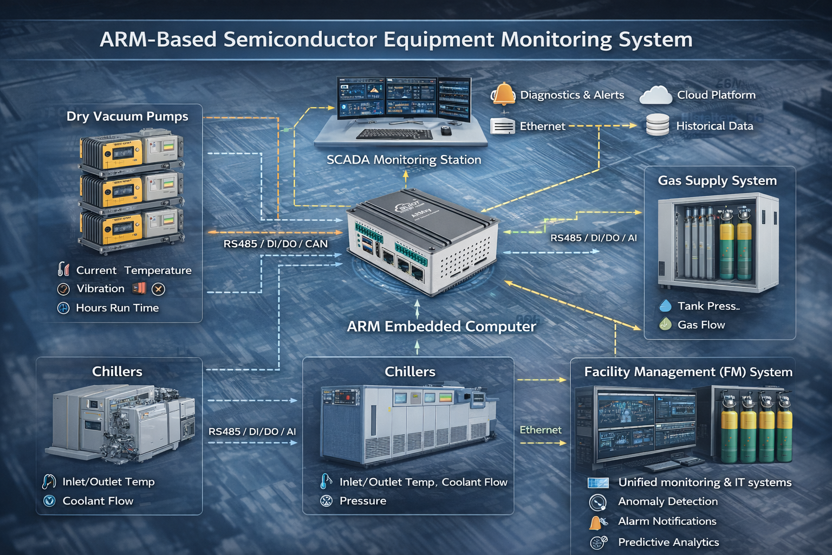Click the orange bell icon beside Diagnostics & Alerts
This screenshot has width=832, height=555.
click(504, 94)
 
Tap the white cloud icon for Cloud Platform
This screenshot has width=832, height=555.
click(655, 95)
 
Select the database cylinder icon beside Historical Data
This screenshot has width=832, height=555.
click(658, 125)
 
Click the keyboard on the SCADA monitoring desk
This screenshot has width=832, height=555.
click(394, 133)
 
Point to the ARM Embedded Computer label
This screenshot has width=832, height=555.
click(441, 326)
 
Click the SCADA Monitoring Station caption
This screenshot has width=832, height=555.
click(404, 160)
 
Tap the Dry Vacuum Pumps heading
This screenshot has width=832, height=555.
click(127, 117)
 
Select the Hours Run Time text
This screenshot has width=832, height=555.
click(118, 308)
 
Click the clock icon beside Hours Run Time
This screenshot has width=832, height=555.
click(63, 308)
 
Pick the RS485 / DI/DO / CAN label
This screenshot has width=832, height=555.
click(275, 244)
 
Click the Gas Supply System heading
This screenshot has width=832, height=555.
click(717, 180)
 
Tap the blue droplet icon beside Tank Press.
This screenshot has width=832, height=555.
click(665, 306)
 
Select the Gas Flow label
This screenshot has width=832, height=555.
click(701, 325)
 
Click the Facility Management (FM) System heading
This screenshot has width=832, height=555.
click(688, 372)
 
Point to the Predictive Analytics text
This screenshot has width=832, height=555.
click(668, 542)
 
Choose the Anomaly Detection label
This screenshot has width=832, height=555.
click(668, 501)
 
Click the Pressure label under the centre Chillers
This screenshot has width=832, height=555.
click(363, 501)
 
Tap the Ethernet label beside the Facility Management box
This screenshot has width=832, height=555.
click(541, 430)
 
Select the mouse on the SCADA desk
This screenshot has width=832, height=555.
click(446, 131)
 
